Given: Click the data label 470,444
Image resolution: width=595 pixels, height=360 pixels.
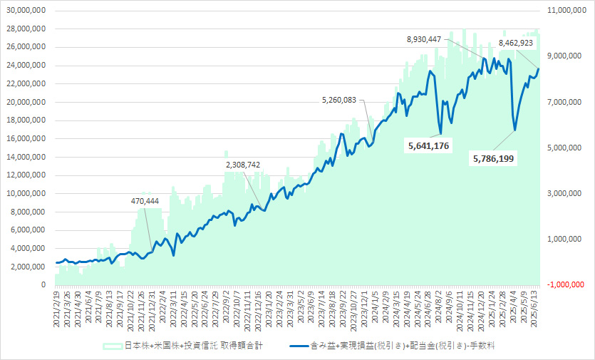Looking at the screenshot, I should point(145,201).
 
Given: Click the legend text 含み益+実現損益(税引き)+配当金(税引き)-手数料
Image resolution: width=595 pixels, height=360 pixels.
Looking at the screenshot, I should point(403,346).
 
